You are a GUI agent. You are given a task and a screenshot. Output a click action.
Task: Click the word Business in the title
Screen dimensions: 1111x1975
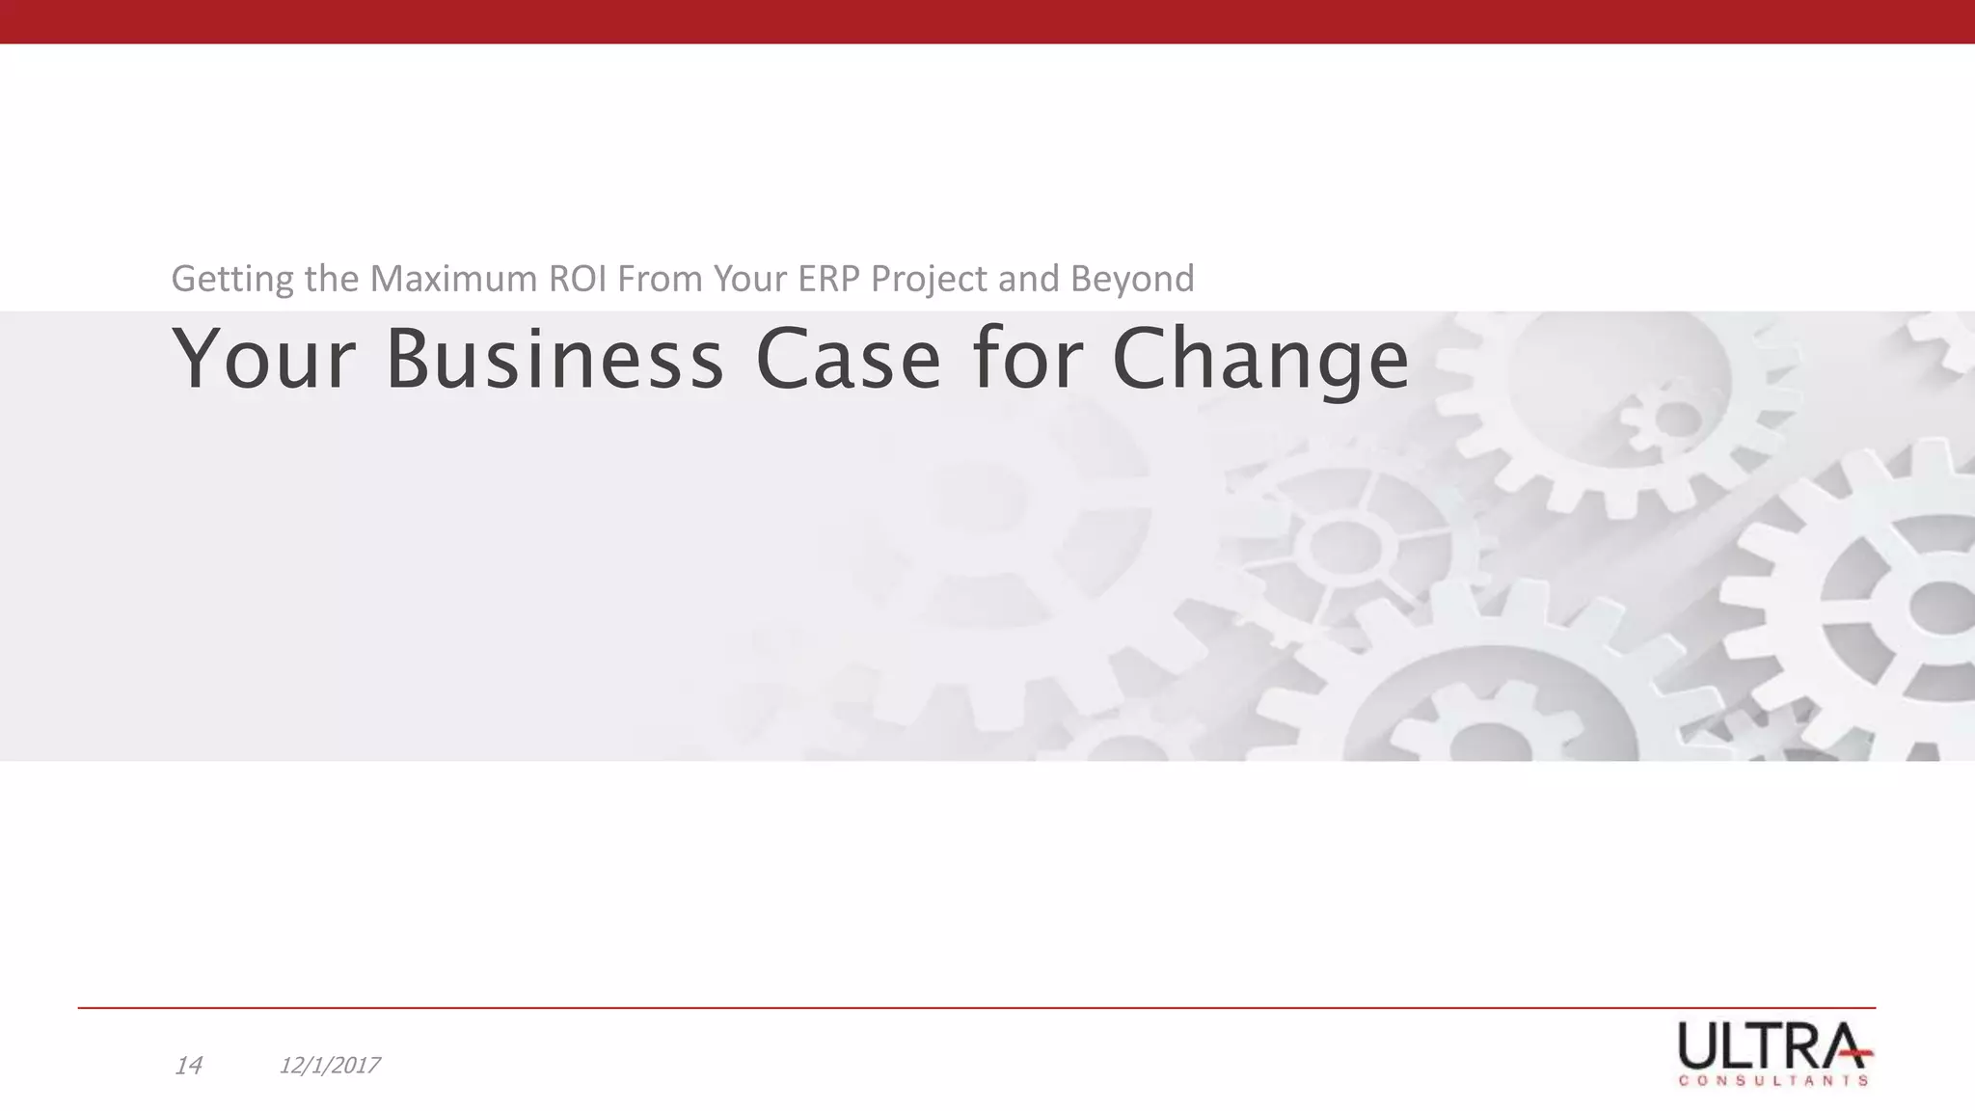[x=555, y=359]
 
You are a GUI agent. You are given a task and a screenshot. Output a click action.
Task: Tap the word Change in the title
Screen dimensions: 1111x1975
[x=1260, y=361]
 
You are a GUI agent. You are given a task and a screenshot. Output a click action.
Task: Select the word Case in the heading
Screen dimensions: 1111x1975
[x=848, y=359]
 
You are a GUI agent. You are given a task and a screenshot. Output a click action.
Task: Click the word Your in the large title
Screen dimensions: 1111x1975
[x=264, y=359]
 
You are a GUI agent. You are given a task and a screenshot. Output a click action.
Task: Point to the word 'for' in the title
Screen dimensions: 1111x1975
[x=1024, y=359]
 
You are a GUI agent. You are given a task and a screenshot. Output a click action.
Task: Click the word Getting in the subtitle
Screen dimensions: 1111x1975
[x=232, y=280]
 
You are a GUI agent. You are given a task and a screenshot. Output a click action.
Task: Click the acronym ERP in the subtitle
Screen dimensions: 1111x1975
[x=830, y=279]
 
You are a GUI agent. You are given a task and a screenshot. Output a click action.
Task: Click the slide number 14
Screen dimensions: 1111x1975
[x=189, y=1066]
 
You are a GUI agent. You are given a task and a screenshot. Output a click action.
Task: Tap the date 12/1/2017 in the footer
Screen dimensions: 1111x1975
[x=329, y=1066]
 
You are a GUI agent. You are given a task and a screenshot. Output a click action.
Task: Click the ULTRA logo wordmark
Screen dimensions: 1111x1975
[x=1772, y=1045]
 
